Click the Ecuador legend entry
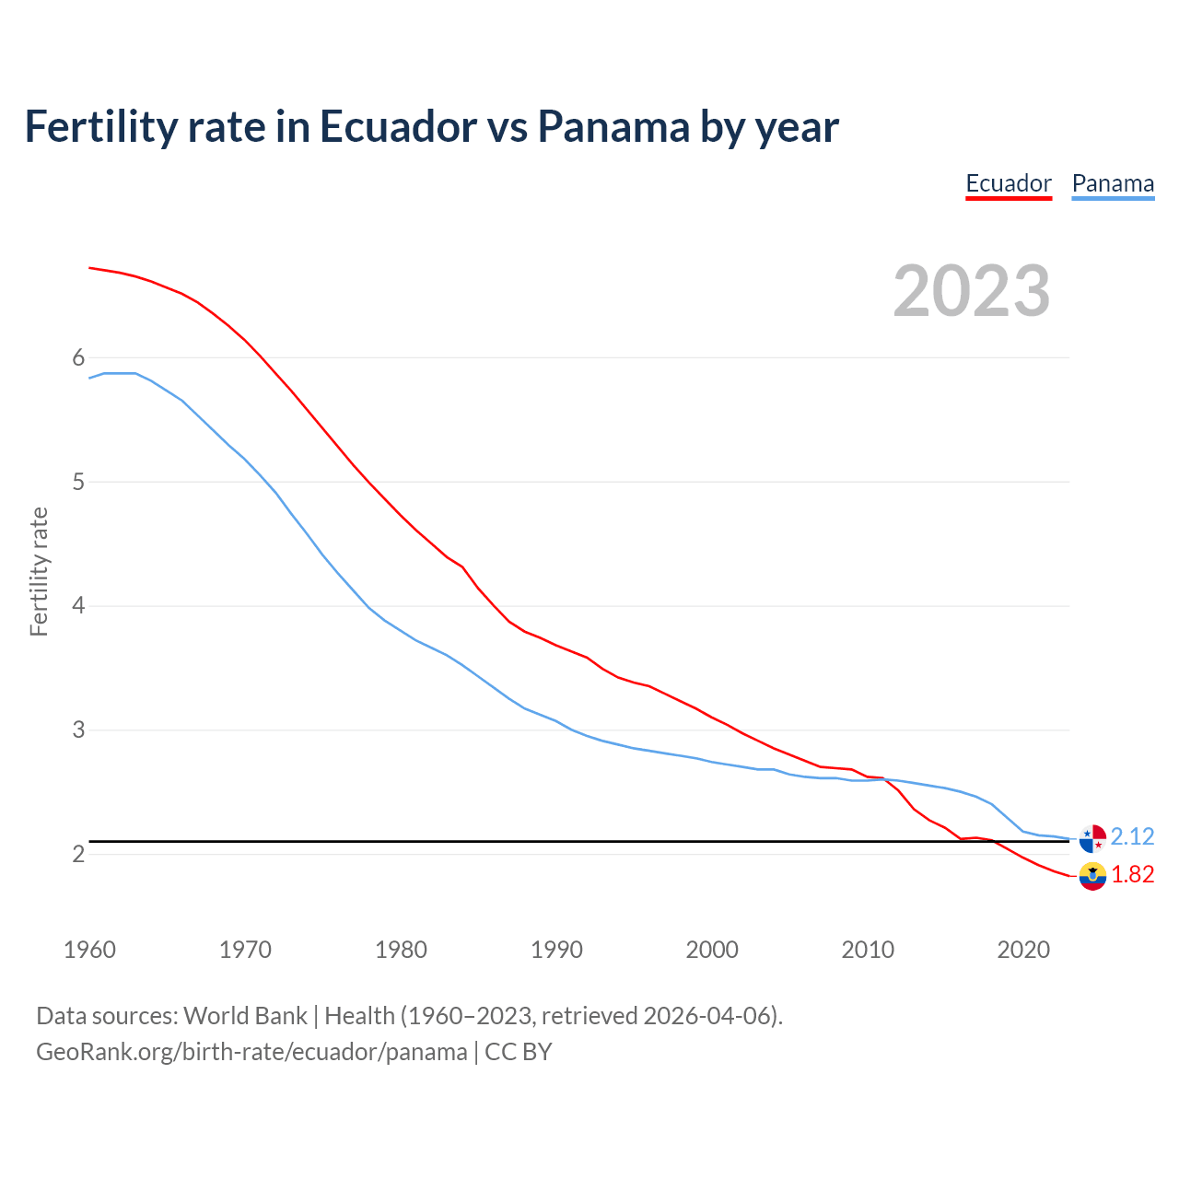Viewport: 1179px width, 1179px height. coord(1008,184)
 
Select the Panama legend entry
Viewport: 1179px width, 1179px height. coord(1113,184)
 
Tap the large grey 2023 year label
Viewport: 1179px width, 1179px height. coord(972,291)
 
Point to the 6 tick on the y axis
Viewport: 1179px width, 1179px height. coord(78,357)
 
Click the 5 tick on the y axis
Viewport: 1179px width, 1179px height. coord(78,482)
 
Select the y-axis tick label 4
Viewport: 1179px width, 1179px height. coord(78,606)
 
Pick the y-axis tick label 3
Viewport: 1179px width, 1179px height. coord(78,730)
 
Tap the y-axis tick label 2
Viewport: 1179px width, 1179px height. coord(78,854)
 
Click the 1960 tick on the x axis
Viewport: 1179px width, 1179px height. coord(89,950)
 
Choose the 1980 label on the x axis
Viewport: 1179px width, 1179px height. coord(401,950)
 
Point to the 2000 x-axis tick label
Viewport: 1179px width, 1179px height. coord(712,950)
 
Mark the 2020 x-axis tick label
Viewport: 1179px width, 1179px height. coord(1023,950)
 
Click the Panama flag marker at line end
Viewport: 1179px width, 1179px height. coord(1092,839)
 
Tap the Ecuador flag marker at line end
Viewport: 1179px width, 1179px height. coord(1092,876)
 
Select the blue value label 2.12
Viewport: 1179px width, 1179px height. coord(1132,836)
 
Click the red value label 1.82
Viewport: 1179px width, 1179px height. coord(1132,874)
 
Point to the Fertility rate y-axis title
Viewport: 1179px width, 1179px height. coord(39,571)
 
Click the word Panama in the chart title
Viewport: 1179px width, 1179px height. coord(613,126)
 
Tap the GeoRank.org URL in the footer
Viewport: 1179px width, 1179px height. coord(251,1052)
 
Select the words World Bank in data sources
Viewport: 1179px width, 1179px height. coord(245,1016)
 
